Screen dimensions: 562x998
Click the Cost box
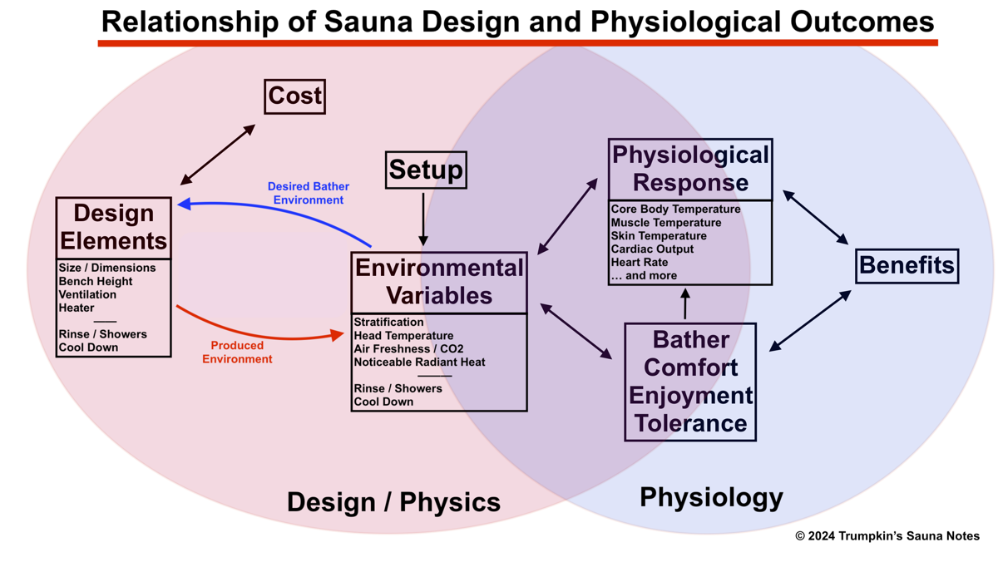click(x=294, y=96)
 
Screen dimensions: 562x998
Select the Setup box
click(x=426, y=170)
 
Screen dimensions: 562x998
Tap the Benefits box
click(x=907, y=266)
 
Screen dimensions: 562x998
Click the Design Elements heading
click(x=113, y=228)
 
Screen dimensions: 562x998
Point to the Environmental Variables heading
click(x=439, y=282)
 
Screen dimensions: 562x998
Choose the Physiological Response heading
click(x=690, y=169)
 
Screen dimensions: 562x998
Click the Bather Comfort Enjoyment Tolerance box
click(x=690, y=382)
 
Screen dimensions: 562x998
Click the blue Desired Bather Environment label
click(x=308, y=194)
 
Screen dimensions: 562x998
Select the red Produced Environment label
click(x=237, y=352)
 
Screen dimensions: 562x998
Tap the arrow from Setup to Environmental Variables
click(x=423, y=219)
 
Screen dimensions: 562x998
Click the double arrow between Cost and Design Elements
click(x=218, y=155)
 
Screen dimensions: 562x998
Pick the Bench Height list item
click(x=96, y=281)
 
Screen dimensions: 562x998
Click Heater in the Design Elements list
click(x=77, y=308)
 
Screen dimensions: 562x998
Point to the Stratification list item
click(x=388, y=322)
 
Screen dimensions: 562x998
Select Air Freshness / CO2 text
click(x=408, y=348)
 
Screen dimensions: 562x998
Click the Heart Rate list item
click(x=639, y=262)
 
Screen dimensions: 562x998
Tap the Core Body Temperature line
click(x=675, y=209)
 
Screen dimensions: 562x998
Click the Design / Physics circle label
click(x=393, y=502)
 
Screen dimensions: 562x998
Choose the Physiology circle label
click(x=711, y=498)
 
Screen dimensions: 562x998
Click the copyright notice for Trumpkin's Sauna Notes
click(x=887, y=536)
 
